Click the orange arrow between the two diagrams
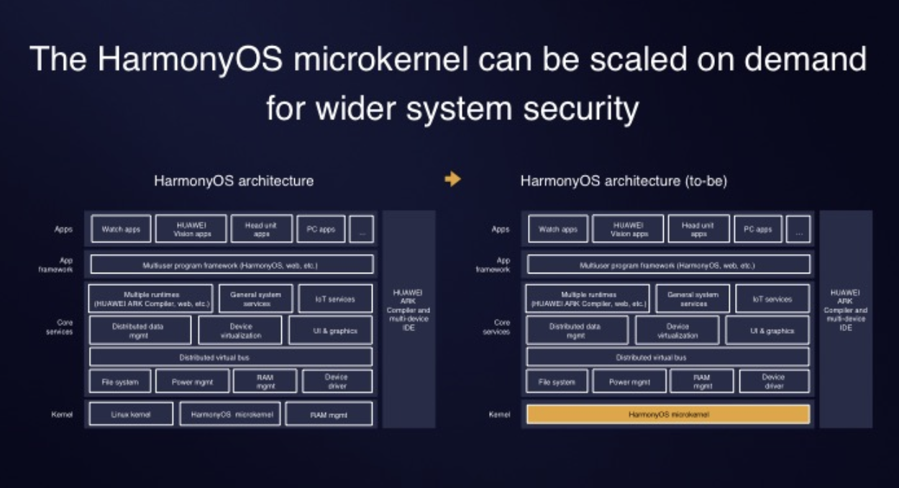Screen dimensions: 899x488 point(452,179)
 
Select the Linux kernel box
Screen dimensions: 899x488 point(131,414)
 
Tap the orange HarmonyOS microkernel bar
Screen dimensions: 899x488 point(668,414)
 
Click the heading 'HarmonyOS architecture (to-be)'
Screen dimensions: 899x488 point(623,181)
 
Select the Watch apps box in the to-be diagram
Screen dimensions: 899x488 point(558,229)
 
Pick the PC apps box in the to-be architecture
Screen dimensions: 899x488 point(757,229)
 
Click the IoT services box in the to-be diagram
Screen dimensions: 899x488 point(772,299)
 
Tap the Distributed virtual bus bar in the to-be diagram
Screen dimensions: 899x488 point(668,357)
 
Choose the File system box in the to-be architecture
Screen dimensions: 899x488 point(557,381)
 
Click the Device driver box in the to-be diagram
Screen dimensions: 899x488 point(773,381)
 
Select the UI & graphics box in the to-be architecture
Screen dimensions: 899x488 point(767,330)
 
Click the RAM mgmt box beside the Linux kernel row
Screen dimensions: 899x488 point(329,414)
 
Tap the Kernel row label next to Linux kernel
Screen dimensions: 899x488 point(63,414)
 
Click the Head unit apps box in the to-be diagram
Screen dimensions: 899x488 point(698,229)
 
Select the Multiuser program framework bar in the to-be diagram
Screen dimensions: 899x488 point(668,265)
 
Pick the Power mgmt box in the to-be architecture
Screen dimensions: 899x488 point(629,381)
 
